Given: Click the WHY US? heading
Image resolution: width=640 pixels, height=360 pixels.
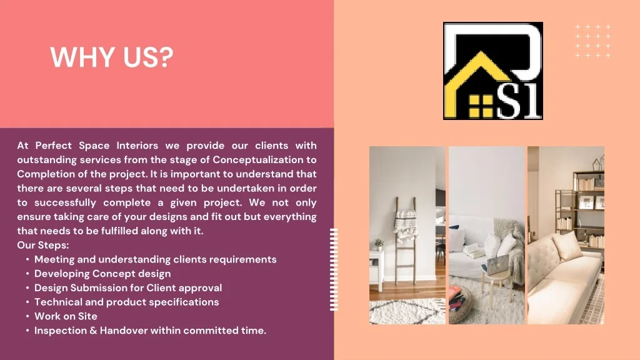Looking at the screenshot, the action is pyautogui.click(x=112, y=57).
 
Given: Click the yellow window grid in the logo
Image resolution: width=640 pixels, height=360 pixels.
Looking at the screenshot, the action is pyautogui.click(x=481, y=106).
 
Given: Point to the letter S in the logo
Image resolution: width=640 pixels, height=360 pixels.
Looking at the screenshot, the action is pyautogui.click(x=509, y=101).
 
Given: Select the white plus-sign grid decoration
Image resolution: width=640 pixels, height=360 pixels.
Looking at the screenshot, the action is pyautogui.click(x=592, y=41).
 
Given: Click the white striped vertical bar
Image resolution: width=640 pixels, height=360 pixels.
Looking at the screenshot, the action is pyautogui.click(x=334, y=270).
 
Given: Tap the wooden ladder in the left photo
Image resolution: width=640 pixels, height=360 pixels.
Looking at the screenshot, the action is pyautogui.click(x=405, y=241).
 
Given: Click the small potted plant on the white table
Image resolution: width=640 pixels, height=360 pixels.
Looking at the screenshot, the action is pyautogui.click(x=379, y=244).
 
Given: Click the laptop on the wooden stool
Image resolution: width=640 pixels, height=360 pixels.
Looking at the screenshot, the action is pyautogui.click(x=498, y=265).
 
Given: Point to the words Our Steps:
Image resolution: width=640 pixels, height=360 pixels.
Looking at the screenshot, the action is pyautogui.click(x=43, y=245).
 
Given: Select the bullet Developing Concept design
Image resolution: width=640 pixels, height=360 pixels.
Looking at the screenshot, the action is pyautogui.click(x=102, y=274).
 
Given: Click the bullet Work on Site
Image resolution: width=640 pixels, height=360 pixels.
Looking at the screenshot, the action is pyautogui.click(x=66, y=316).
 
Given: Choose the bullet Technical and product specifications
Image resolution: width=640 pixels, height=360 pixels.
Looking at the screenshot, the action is pyautogui.click(x=126, y=302).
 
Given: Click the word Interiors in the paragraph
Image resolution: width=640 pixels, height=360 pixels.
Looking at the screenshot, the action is pyautogui.click(x=137, y=146).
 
